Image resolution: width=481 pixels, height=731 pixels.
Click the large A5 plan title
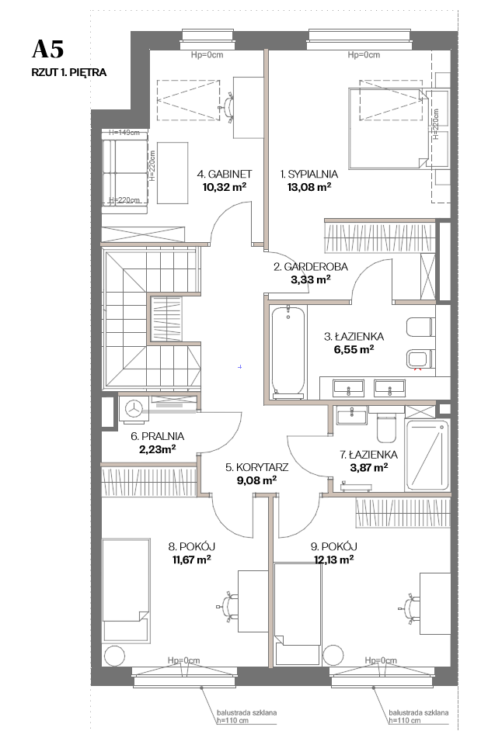tap(47, 49)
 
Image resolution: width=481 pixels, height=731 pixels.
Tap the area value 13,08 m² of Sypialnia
tap(309, 188)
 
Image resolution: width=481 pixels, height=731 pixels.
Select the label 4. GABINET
tap(224, 175)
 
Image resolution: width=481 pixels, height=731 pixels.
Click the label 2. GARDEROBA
tap(311, 267)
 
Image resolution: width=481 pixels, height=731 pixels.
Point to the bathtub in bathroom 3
tap(288, 352)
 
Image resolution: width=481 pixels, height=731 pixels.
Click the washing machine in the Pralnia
tap(134, 409)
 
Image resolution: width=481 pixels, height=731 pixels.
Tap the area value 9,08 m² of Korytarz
tap(256, 480)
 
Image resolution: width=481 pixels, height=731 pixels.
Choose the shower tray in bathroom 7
tap(427, 455)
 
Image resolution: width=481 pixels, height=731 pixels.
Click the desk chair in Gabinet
tap(228, 107)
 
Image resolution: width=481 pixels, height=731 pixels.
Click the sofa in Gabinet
tap(124, 172)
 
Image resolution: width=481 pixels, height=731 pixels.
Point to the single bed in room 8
tap(126, 590)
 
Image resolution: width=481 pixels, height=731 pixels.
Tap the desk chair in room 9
tap(410, 608)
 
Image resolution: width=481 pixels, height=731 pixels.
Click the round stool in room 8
tap(114, 657)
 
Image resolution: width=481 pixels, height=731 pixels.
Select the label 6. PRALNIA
tap(158, 436)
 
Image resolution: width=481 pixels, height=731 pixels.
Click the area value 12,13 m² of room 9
tap(333, 560)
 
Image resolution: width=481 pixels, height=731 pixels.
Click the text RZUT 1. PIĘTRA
tap(68, 73)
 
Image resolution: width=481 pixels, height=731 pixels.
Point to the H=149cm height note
tap(124, 133)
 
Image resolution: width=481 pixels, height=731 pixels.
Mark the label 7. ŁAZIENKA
tap(368, 455)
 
